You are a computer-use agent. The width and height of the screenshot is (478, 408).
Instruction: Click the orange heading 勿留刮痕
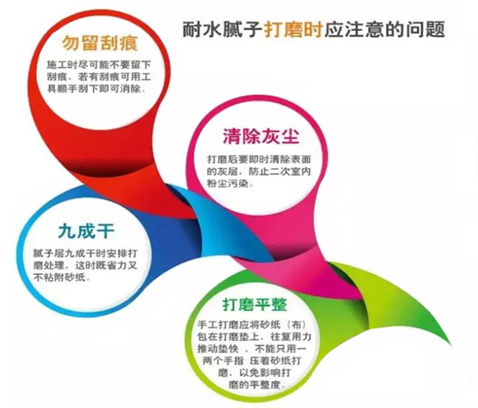coord(100,43)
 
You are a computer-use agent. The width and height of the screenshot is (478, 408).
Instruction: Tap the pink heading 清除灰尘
coord(261,136)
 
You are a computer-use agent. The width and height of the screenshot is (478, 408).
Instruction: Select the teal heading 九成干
coord(86,231)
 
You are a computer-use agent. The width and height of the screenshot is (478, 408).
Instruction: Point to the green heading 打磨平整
coord(254,304)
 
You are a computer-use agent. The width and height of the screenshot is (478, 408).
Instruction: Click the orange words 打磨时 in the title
coord(293,29)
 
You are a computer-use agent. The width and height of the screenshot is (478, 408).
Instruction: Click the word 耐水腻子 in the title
coord(222,29)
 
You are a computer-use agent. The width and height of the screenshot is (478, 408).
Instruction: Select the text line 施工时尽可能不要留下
coord(99,65)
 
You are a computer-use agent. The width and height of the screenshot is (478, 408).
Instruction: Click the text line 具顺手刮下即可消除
coord(96,89)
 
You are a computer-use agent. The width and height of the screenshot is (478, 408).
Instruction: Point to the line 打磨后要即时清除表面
coord(259,159)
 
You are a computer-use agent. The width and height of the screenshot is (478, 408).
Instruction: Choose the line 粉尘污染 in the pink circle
coord(230,184)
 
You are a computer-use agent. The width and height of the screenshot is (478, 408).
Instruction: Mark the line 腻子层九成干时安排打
coord(86,254)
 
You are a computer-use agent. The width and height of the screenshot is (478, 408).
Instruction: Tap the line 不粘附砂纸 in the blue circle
coord(62,277)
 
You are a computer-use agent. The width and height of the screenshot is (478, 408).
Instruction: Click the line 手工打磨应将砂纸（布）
coord(252,324)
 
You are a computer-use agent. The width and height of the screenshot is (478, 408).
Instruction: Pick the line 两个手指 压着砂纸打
coord(252,361)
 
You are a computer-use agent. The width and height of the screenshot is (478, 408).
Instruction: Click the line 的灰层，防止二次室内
coord(259,171)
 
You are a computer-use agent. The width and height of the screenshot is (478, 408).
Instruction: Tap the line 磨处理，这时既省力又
coord(86,265)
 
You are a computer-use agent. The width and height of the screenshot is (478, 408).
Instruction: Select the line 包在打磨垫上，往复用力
coord(254,336)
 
